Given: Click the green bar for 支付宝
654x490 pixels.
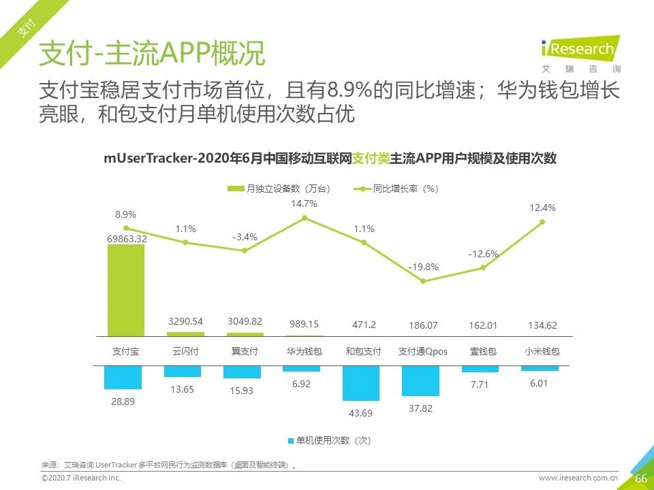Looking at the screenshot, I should tap(126, 290).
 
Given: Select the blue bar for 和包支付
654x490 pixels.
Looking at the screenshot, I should tap(361, 383).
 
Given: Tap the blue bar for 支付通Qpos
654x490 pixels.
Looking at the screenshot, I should tap(420, 381).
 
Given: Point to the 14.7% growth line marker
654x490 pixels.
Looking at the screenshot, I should tap(305, 218).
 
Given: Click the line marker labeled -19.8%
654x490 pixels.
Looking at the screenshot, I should tap(423, 281).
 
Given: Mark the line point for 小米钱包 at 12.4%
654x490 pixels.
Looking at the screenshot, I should tap(542, 222).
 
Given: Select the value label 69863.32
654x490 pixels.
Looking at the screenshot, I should tap(127, 239).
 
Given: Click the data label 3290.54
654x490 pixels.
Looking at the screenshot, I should tap(185, 321).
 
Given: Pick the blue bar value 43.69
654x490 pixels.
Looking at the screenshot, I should tap(361, 413).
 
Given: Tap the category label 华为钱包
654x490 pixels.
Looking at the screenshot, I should tap(305, 352).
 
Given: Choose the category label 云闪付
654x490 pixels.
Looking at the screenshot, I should tap(185, 352).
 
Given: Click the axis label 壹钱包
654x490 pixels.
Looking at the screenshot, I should tap(482, 352).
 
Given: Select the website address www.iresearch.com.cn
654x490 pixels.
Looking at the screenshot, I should tap(578, 478).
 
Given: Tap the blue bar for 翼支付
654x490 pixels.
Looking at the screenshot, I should tap(242, 372).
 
